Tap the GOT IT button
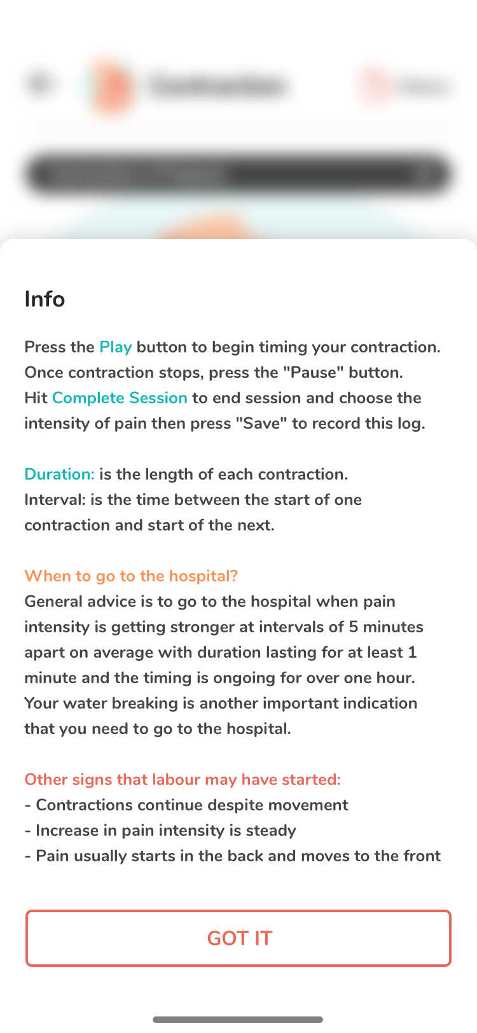pos(238,938)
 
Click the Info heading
pos(45,299)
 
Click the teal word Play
pos(115,347)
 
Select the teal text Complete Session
pos(120,398)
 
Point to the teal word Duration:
pos(59,475)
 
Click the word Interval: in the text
pos(55,500)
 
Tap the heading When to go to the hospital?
pos(131,576)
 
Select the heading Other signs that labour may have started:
pos(183,780)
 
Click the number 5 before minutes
pos(354,627)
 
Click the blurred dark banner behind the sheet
pos(238,174)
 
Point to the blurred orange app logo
pos(111,86)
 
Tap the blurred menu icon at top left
pos(39,83)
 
